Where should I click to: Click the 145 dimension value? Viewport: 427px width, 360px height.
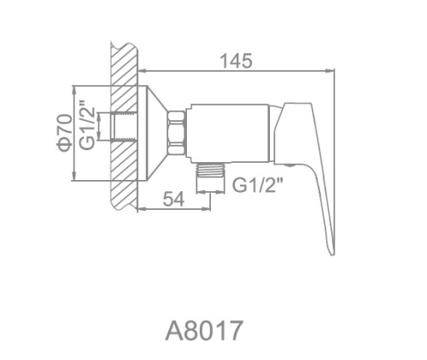click(237, 61)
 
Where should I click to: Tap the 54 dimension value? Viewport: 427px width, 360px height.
click(173, 199)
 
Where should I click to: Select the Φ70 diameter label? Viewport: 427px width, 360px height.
click(64, 132)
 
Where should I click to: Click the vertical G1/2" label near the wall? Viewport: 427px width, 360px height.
click(86, 125)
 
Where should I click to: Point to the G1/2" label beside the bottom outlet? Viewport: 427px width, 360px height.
click(258, 185)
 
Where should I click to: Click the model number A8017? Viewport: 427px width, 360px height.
click(204, 330)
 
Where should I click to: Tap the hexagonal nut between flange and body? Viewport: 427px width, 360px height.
click(176, 133)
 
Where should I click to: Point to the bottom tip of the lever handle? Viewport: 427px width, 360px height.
click(332, 254)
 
